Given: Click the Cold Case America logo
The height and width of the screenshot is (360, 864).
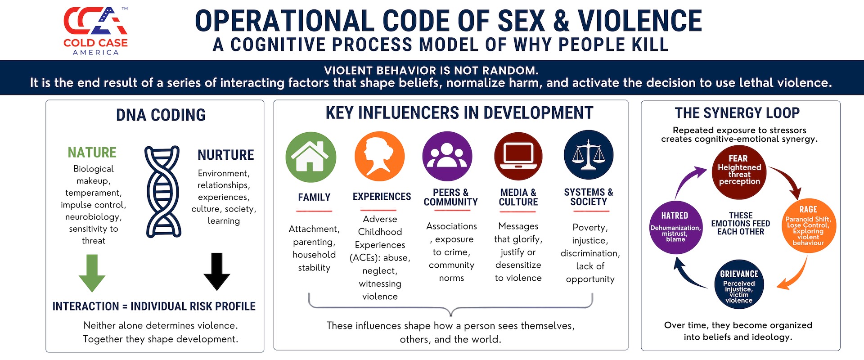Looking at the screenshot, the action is [x=95, y=31].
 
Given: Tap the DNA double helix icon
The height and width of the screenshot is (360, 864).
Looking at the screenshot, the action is [x=162, y=191].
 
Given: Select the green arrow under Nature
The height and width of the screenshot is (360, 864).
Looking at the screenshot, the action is [x=92, y=273].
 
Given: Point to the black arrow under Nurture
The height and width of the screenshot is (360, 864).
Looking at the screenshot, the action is [x=217, y=272].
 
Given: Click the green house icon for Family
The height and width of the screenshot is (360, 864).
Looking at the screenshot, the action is [x=311, y=157].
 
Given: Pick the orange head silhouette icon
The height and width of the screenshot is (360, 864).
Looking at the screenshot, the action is [x=379, y=156].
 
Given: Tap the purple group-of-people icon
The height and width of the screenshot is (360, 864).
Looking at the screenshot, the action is [x=447, y=156].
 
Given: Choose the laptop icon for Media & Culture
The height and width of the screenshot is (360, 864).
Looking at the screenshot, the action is [x=518, y=156].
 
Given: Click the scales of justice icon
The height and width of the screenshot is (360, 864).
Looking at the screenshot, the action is [x=589, y=155].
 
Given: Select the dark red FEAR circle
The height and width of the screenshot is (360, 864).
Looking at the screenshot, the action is [x=739, y=172].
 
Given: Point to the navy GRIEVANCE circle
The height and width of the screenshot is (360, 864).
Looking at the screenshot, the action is [x=739, y=284].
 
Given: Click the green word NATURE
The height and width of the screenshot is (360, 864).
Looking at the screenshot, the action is [x=92, y=153].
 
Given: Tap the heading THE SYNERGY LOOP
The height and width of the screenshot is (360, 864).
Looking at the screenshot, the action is [x=737, y=112].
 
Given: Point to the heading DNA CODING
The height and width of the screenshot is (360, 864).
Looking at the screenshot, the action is [x=161, y=115].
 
